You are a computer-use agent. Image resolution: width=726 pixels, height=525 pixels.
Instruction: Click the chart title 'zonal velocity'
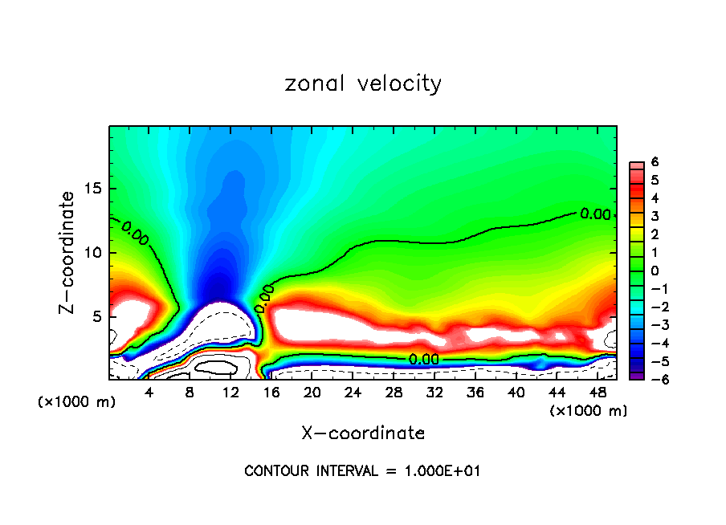coord(363,83)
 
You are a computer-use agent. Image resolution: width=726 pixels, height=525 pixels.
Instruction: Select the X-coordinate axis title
coord(363,433)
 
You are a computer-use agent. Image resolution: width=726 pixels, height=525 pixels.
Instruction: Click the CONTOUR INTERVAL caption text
coord(362,471)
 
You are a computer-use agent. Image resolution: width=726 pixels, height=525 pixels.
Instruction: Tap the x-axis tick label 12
coord(230,392)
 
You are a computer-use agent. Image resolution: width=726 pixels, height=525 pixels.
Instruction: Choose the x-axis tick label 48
coord(597,392)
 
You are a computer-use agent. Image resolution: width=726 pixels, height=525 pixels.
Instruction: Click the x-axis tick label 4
coord(149,392)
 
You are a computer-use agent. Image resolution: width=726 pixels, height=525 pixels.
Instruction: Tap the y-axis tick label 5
coord(96,316)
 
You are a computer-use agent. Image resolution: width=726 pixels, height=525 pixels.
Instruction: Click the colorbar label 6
coord(655,162)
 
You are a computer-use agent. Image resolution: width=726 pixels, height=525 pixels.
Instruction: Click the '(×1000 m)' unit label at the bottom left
coord(76,401)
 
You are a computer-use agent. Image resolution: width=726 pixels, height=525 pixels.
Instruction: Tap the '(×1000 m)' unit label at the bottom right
coord(589,410)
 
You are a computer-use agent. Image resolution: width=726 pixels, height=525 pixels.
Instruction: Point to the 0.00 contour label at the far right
coord(595,214)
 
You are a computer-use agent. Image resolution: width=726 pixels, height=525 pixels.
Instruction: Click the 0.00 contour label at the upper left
coord(135,232)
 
